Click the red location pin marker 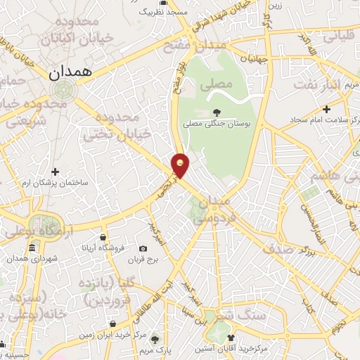181,165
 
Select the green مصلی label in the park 215,86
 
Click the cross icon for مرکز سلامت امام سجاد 326,109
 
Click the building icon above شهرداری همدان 32,249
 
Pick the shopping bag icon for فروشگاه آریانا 103,238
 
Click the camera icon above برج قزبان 143,249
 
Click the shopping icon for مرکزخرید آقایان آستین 230,338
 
